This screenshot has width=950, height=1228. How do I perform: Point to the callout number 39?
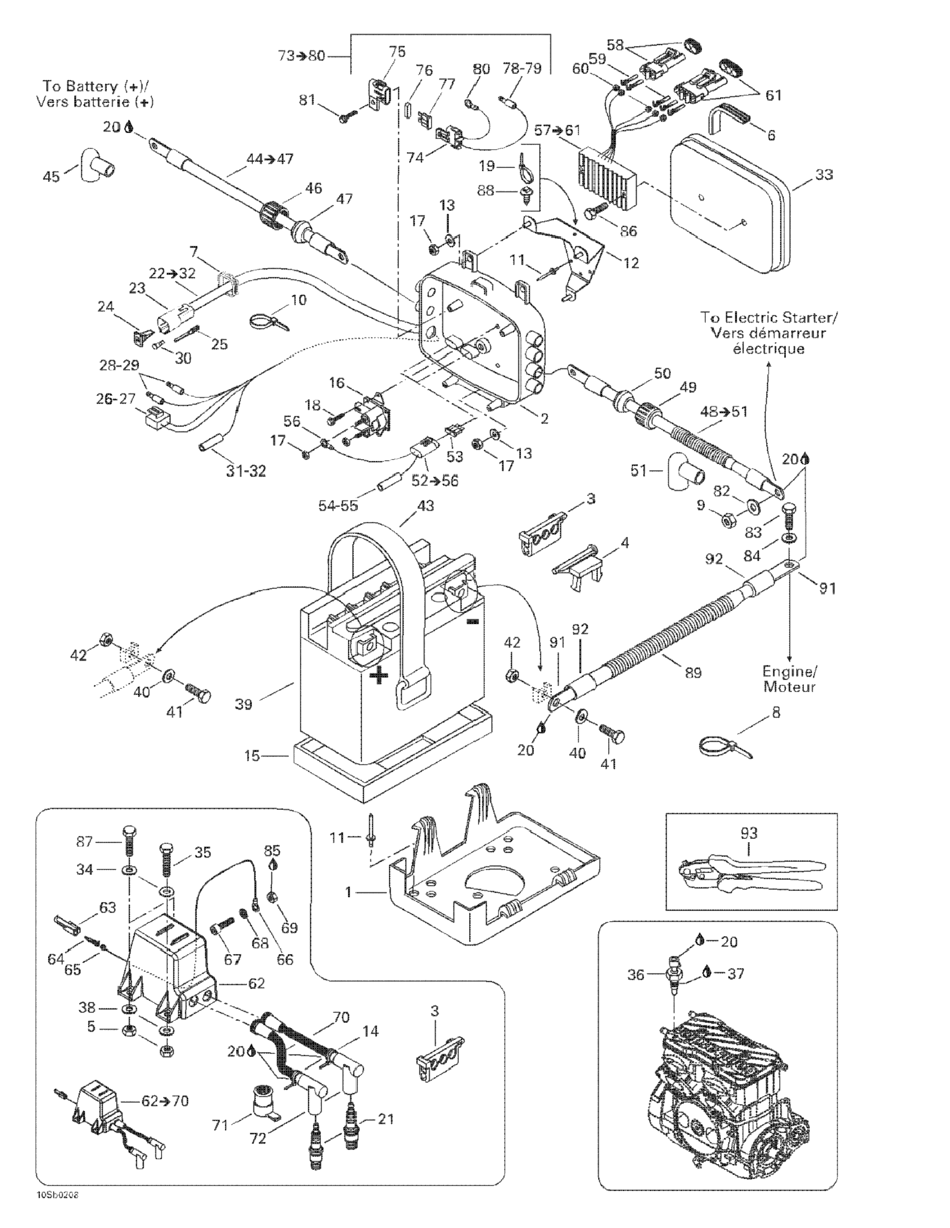(244, 704)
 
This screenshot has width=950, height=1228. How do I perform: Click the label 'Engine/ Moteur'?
(789, 679)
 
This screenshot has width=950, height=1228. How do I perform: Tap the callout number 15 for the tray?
(252, 756)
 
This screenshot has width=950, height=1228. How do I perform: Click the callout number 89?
(693, 672)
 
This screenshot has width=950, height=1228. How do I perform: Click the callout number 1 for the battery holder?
(348, 892)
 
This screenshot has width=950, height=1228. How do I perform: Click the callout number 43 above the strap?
(425, 506)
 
